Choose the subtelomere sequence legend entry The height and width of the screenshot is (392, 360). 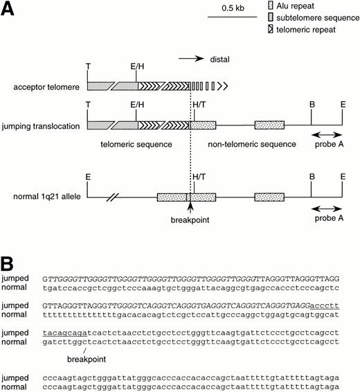[x=312, y=17]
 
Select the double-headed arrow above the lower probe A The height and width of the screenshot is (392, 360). [x=325, y=206]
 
